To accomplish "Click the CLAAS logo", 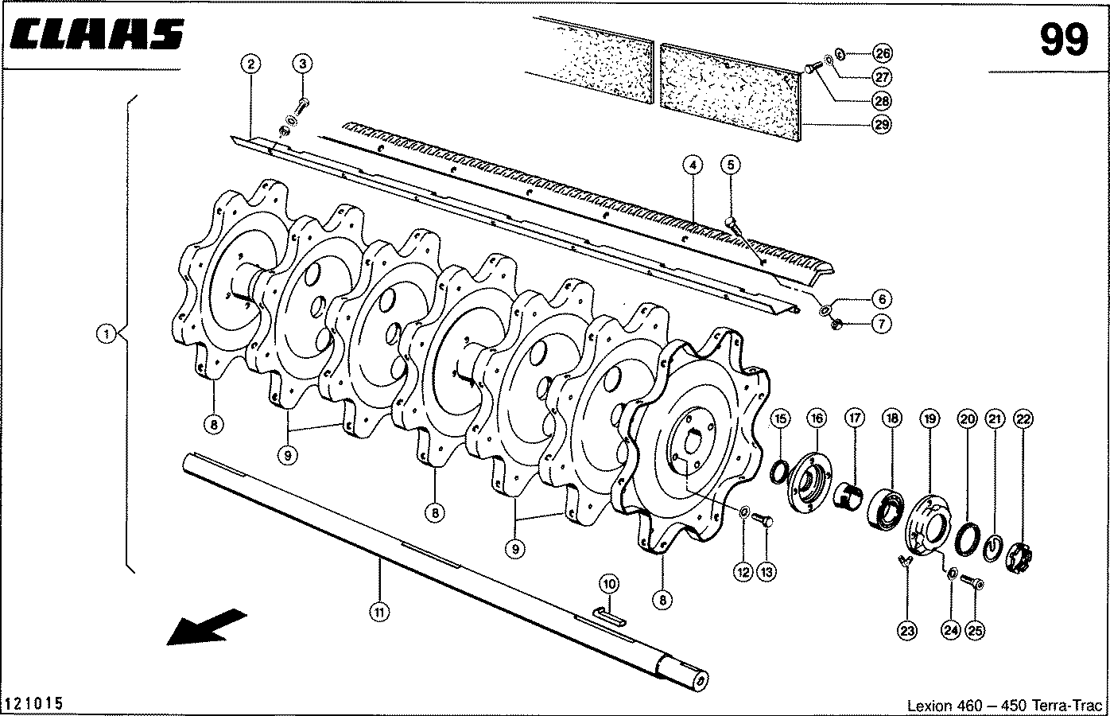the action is coord(97,34).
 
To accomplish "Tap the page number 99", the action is coord(1064,40).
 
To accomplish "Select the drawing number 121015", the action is coord(34,703).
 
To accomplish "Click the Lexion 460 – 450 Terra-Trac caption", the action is coord(1004,705).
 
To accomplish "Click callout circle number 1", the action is coord(106,333).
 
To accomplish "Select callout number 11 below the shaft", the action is coord(379,613).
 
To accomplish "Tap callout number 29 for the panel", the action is coord(882,124).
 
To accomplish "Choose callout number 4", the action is coord(693,165).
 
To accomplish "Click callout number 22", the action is coord(1023,419).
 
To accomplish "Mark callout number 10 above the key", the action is coord(609,584).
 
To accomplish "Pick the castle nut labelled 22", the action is coord(1019,558).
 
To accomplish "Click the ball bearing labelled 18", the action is coord(887,507).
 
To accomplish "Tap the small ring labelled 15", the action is coord(779,471).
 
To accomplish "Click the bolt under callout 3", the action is coord(302,107).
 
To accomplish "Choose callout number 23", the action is coord(907,631).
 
